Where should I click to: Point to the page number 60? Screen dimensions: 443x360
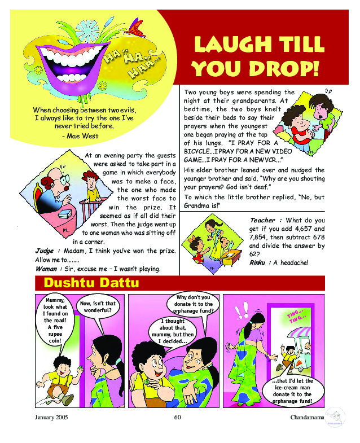[177, 418]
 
